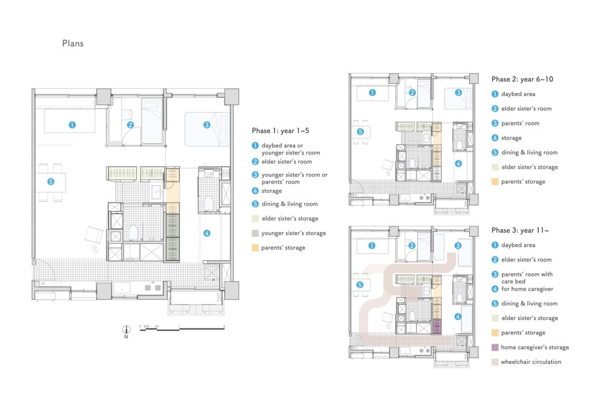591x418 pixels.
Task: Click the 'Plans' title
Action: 73,43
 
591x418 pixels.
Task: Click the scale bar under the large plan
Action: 182,329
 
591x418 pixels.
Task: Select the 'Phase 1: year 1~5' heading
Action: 280,131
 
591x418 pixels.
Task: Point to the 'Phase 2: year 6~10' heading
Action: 522,79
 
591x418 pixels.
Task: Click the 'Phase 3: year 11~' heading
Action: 520,230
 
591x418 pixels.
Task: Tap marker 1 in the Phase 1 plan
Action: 72,125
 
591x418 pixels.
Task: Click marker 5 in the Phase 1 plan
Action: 51,182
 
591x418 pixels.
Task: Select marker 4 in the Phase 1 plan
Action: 207,233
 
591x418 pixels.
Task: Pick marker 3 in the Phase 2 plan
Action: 458,92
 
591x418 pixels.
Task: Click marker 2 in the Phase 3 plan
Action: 412,245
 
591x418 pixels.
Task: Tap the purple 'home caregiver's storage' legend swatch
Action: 495,347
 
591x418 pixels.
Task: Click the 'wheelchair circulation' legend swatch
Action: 495,362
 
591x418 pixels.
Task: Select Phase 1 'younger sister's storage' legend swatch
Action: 255,233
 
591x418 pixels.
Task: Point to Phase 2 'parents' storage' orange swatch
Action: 495,181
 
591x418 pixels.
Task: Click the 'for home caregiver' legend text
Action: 527,289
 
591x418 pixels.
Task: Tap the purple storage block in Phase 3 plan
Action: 437,326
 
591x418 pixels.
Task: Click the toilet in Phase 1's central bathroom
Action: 133,233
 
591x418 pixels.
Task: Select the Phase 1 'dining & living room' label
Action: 290,204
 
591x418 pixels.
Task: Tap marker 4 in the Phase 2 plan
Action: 458,163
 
